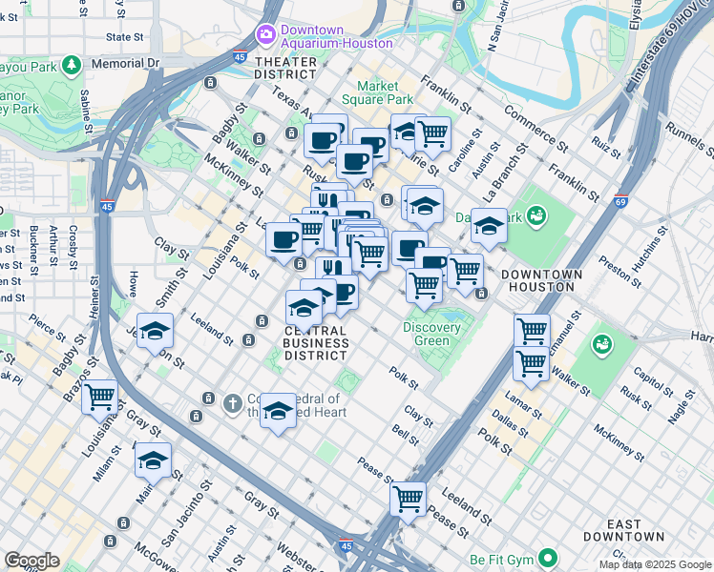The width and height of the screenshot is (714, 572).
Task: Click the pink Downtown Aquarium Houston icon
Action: point(266,35)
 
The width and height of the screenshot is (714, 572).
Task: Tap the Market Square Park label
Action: point(378,92)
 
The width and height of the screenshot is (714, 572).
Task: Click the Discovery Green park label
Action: point(431,335)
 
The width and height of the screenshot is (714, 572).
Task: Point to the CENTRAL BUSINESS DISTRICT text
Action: point(316,342)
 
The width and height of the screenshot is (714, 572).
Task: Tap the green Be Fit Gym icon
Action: point(548,557)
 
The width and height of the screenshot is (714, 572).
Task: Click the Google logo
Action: point(31,561)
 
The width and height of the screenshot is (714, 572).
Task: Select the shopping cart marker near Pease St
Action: point(409,499)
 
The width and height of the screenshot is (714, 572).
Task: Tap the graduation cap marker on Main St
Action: point(153,460)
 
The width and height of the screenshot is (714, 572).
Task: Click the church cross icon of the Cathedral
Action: point(231,403)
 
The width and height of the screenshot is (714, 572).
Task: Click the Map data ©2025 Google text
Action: point(655,564)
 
